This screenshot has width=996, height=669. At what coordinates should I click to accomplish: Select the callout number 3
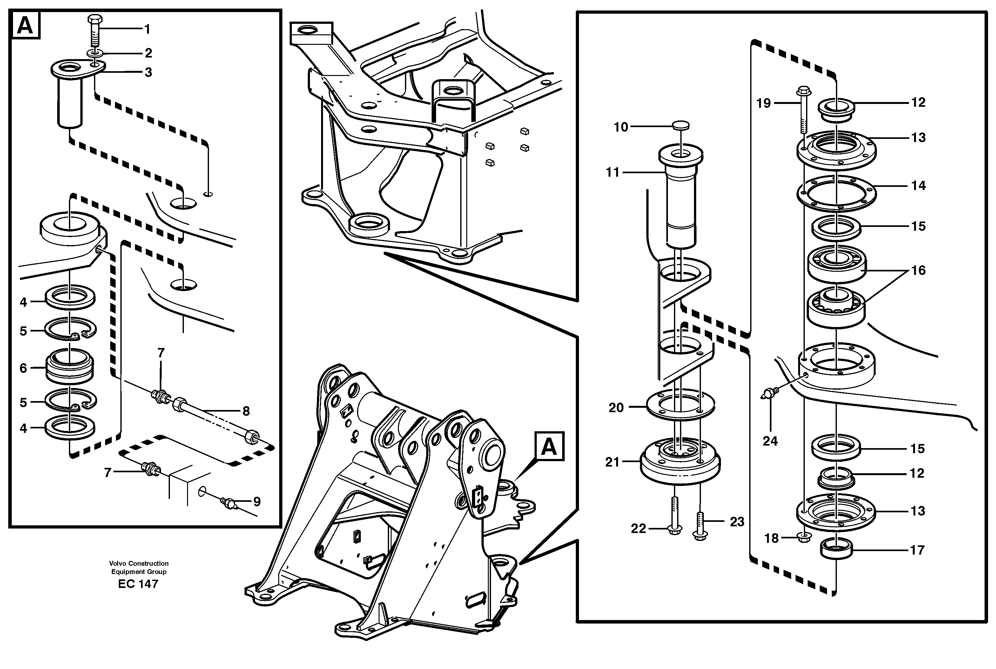coord(148,72)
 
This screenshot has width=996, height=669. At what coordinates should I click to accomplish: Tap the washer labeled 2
coord(95,53)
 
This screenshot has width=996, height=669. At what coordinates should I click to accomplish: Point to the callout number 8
coord(246,411)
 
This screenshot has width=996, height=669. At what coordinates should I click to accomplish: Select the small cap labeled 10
coord(681,126)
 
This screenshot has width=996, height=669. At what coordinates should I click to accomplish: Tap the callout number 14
coord(918,186)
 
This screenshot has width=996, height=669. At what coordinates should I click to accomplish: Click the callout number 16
coord(918,270)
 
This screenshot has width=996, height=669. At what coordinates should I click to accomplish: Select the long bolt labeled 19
coord(803,111)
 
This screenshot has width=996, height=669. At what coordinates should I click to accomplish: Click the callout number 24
coord(770,441)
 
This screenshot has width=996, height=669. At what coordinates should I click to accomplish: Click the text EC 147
coord(138,584)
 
